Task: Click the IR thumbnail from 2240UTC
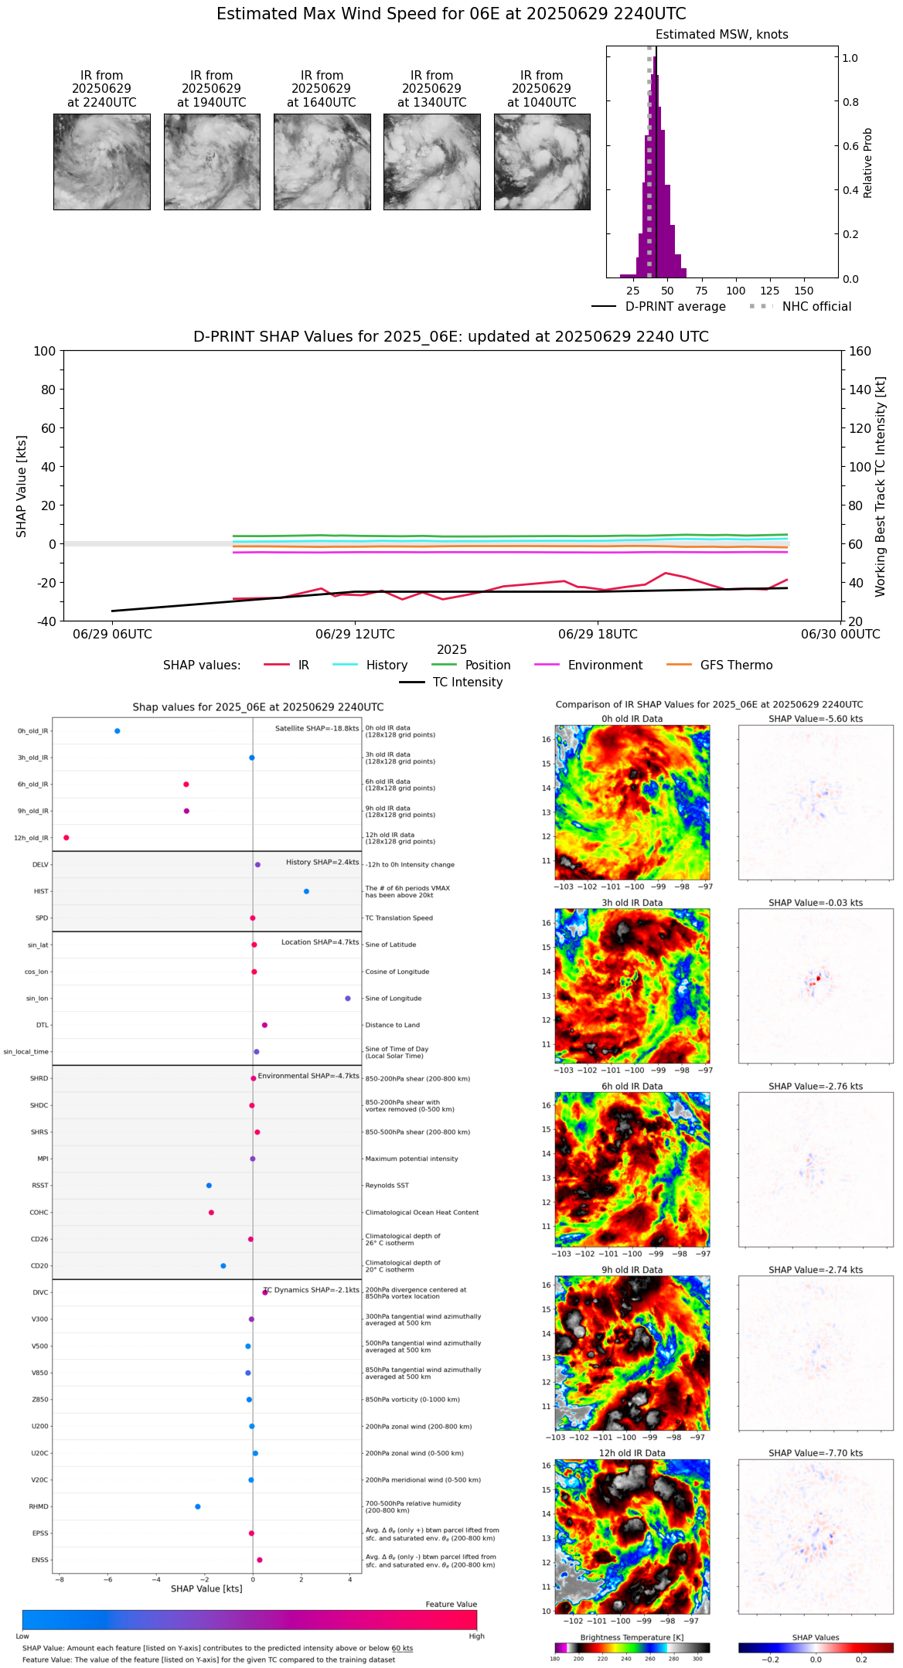pos(101,162)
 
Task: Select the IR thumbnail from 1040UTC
pos(542,162)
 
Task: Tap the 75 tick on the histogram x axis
pos(701,291)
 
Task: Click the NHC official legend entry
pos(816,307)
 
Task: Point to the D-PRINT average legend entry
pos(675,307)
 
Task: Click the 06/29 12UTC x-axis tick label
pos(355,635)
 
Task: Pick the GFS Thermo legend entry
pos(736,665)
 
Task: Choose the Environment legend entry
pos(605,665)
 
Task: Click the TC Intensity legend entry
pos(467,683)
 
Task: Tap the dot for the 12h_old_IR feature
pos(66,838)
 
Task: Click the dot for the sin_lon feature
pos(348,999)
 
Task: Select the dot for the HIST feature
pos(306,891)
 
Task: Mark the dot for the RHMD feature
pos(198,1506)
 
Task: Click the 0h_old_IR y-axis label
pos(32,731)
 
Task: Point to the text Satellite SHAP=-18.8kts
pos(317,729)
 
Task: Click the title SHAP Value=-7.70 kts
pos(816,1453)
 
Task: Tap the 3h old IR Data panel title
pos(632,903)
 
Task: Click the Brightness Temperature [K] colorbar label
pos(632,1637)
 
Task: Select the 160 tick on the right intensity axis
pos(860,352)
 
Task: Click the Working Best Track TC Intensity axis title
pos(881,487)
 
